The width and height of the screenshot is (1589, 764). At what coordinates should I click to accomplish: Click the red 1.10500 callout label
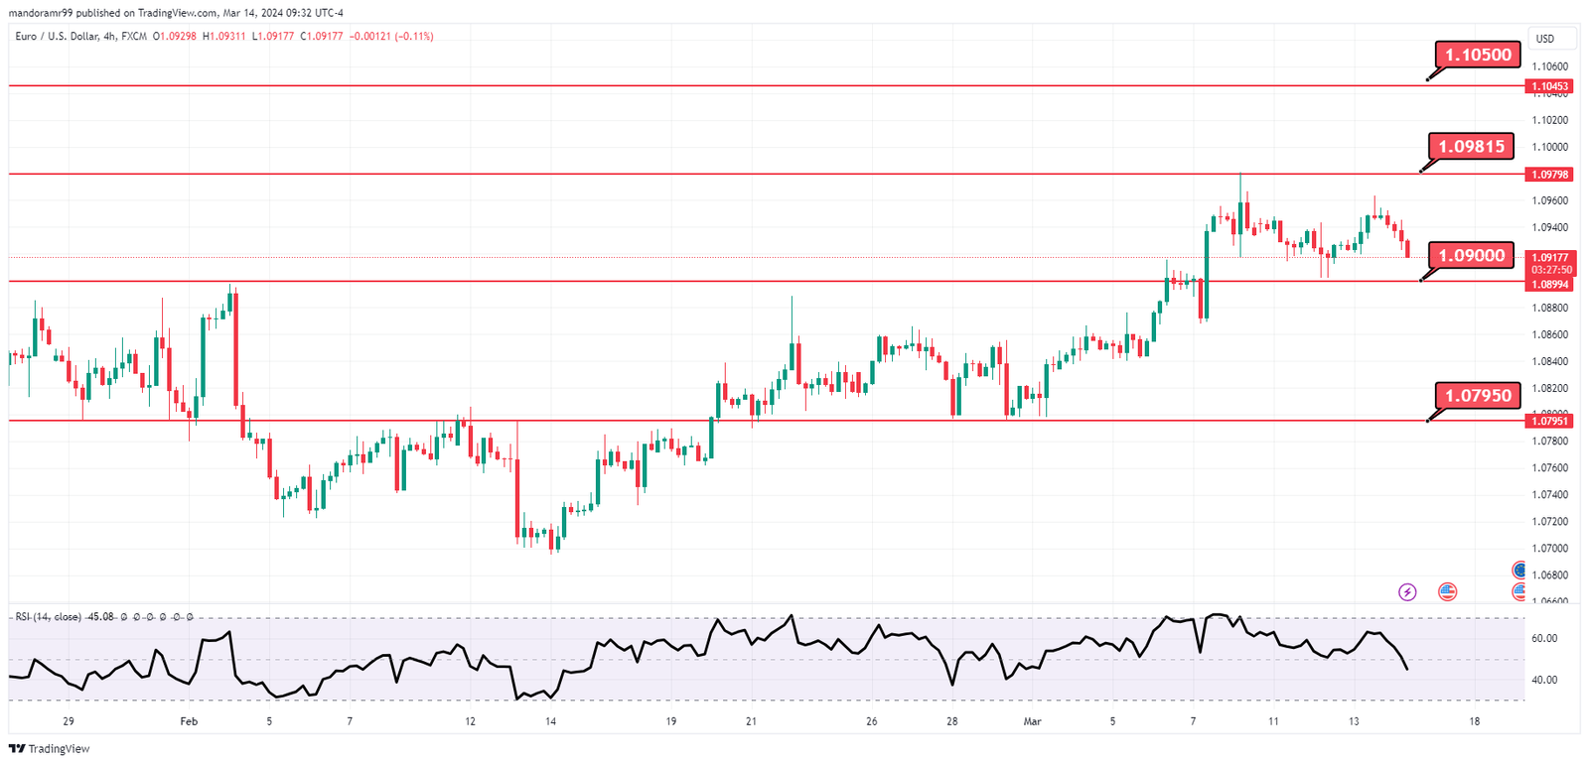(1478, 55)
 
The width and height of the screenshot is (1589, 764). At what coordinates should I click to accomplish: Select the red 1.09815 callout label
(1472, 146)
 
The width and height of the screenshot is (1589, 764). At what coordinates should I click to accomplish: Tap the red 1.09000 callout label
(1472, 255)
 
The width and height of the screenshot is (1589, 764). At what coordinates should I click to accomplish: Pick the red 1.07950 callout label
(1478, 395)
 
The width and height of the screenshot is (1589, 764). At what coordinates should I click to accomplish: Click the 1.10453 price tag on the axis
(1549, 86)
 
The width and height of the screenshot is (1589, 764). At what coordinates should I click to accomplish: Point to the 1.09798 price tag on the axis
(1549, 175)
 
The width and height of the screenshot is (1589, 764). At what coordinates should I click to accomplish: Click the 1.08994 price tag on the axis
(1549, 285)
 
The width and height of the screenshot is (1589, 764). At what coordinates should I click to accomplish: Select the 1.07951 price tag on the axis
(1549, 421)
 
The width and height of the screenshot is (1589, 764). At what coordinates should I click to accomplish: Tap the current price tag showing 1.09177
(1549, 258)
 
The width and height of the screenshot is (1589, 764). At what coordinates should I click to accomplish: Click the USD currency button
(1545, 39)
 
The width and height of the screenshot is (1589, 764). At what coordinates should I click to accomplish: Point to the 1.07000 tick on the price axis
(1549, 548)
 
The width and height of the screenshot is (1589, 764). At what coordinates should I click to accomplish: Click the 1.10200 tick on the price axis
(1549, 120)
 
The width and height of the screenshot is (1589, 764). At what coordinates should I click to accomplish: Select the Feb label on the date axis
(189, 721)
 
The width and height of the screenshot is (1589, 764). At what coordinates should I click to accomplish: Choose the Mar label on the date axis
(1032, 721)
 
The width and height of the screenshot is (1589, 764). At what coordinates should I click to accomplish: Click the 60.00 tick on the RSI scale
(1544, 638)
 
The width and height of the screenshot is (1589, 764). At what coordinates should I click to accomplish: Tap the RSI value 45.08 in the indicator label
(100, 617)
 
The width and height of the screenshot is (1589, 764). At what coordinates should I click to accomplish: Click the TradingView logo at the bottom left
(49, 749)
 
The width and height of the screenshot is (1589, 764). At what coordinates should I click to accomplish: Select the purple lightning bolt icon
(1407, 592)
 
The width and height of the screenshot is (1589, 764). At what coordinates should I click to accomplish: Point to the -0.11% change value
(414, 36)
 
